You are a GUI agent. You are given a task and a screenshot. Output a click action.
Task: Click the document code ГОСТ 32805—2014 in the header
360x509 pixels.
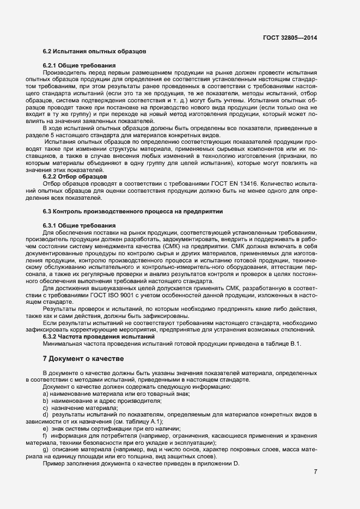pyautogui.click(x=290, y=38)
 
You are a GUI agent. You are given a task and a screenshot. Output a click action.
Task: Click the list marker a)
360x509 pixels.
pyautogui.click(x=45, y=394)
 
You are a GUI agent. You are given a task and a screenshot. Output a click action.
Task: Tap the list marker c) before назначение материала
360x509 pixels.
pyautogui.click(x=45, y=408)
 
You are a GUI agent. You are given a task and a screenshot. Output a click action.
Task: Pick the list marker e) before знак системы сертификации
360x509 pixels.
pyautogui.click(x=45, y=429)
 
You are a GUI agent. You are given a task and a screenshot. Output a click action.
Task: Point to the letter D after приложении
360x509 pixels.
pyautogui.click(x=237, y=464)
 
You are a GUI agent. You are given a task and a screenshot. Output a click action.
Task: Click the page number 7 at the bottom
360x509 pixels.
pyautogui.click(x=315, y=471)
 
